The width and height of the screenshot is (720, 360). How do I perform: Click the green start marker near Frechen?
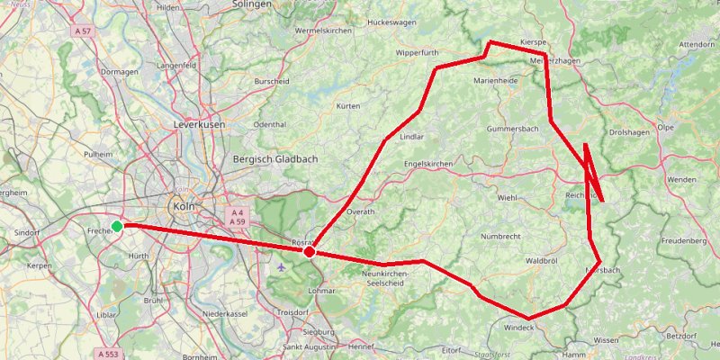[x=117, y=226]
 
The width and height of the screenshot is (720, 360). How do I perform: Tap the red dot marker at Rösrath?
[x=309, y=252]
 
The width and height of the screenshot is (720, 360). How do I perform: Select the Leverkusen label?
[x=199, y=124]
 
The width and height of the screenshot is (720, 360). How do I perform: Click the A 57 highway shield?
[x=84, y=31]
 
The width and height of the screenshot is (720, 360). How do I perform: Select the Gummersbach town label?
[x=511, y=130]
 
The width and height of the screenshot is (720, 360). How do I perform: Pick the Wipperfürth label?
[x=417, y=53]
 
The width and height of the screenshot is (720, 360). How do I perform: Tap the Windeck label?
[x=519, y=327]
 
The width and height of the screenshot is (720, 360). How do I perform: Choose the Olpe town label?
[x=666, y=128]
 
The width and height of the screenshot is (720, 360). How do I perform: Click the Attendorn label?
[x=697, y=43]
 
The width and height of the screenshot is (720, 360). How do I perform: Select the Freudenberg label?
[x=683, y=241]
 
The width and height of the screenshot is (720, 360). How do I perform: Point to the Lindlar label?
[x=410, y=137]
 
